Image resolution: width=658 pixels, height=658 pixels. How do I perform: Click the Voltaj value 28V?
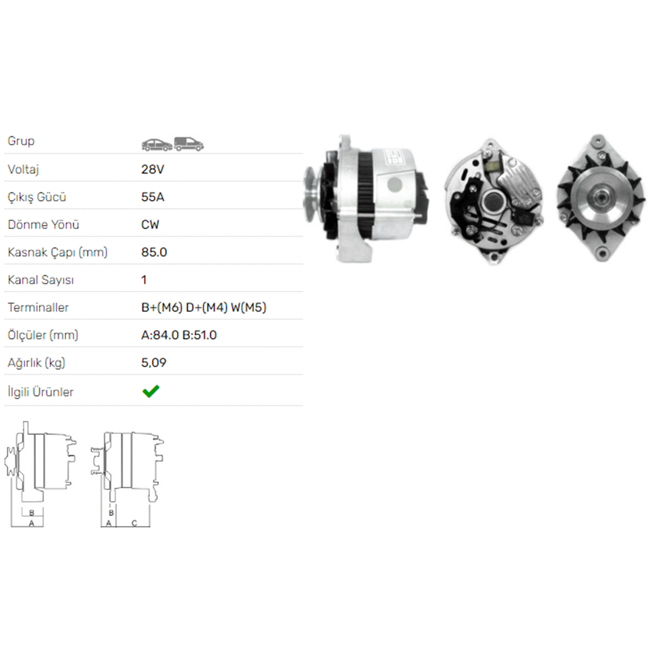click(x=153, y=169)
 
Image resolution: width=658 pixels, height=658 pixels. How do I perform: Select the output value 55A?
click(x=153, y=197)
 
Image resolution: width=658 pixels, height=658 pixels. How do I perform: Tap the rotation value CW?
click(x=150, y=225)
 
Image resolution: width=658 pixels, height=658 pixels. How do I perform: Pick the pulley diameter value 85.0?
click(x=154, y=252)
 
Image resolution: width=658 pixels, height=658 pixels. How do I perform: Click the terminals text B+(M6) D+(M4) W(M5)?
click(x=204, y=308)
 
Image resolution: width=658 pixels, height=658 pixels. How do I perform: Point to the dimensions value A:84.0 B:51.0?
click(x=179, y=335)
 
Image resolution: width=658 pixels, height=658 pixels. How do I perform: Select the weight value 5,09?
click(x=154, y=363)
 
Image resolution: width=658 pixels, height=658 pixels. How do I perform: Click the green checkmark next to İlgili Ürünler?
click(x=151, y=391)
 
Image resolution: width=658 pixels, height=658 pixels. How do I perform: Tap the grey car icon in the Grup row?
click(x=157, y=145)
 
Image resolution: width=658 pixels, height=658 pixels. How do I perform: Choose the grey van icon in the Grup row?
click(x=189, y=144)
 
